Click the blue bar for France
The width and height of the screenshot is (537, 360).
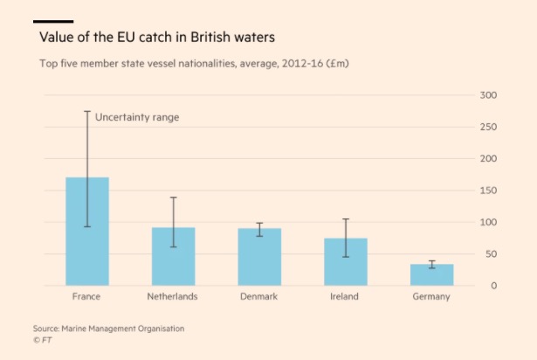coord(87,232)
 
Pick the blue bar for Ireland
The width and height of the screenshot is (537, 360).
coord(346,262)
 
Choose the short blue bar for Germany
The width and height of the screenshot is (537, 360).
coord(431,274)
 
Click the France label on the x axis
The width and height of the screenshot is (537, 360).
coord(86,297)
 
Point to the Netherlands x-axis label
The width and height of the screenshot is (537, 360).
coord(172,297)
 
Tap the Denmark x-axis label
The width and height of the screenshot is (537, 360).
coord(258,297)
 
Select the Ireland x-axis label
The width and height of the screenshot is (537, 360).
coord(345,297)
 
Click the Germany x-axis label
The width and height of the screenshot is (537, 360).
coord(431,297)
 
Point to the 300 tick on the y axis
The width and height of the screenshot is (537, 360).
coord(488,95)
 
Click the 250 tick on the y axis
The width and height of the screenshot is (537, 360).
coord(488,127)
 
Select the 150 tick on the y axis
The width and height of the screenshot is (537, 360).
coord(488,190)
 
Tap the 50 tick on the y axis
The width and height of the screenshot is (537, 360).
coord(491,254)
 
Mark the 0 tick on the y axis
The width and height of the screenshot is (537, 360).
coord(493,286)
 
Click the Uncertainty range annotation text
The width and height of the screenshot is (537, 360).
coord(136,117)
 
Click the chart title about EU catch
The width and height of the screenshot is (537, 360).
coord(157,38)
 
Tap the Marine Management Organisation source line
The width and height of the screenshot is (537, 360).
coord(109,328)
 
